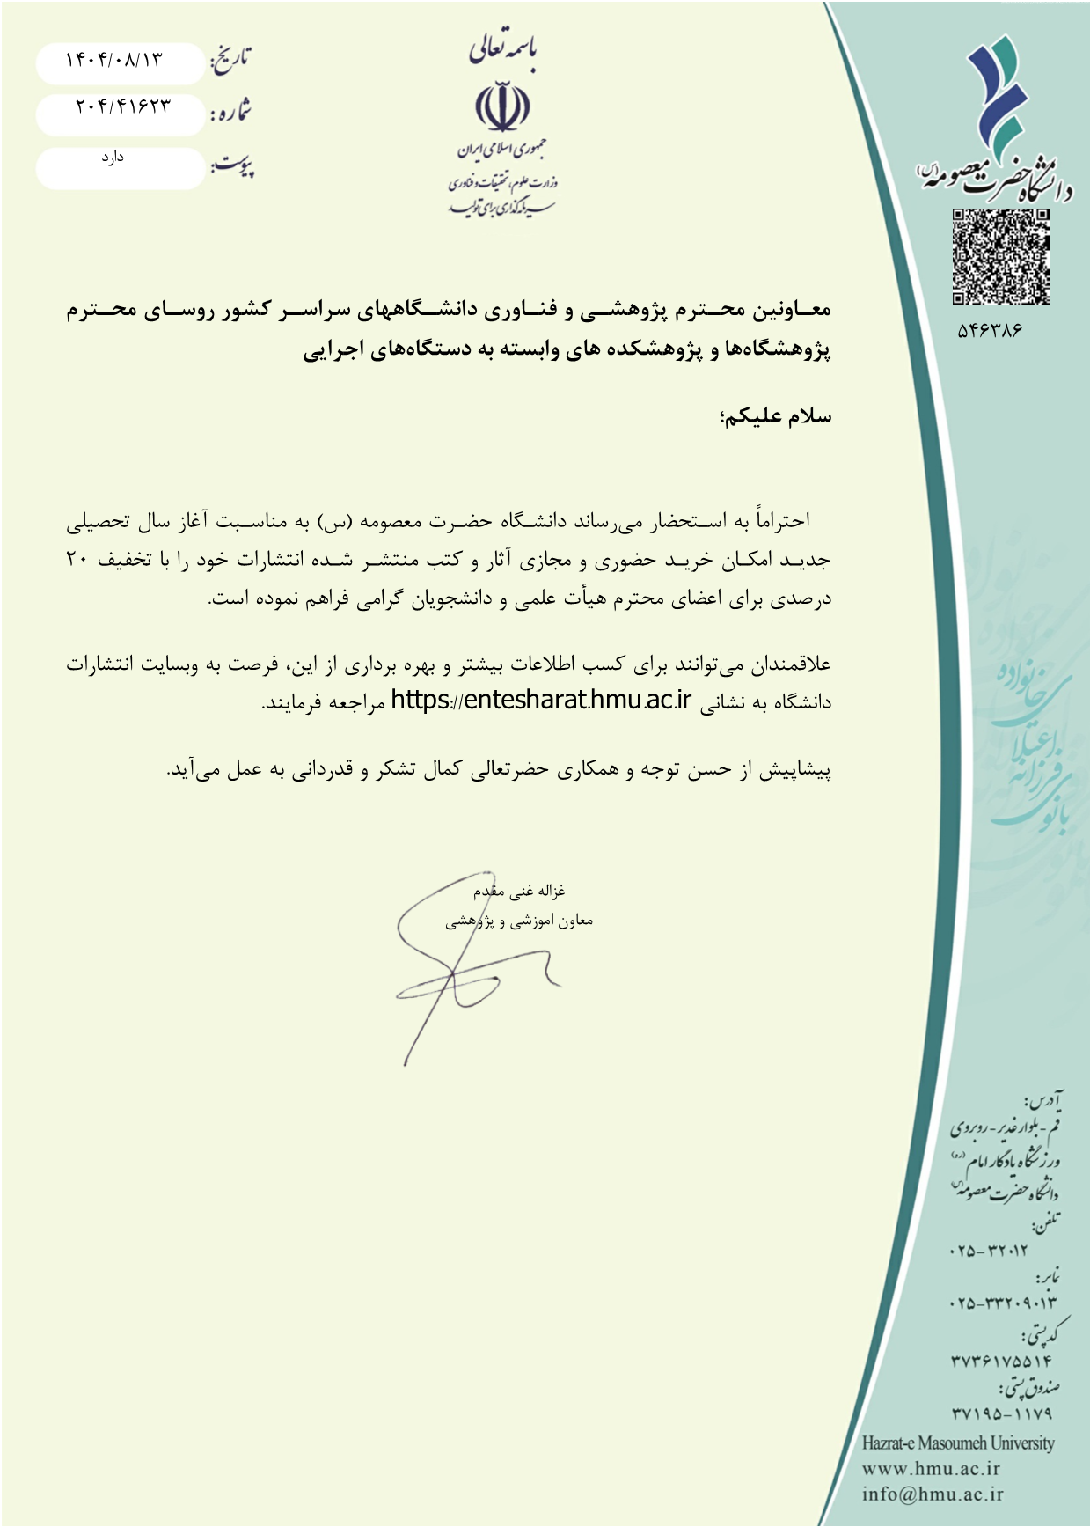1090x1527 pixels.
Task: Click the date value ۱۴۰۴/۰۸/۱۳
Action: pos(114,60)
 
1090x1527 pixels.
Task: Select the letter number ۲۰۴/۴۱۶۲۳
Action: pos(122,106)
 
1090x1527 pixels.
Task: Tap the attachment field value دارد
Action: pos(112,158)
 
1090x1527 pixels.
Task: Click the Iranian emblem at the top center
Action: pos(502,106)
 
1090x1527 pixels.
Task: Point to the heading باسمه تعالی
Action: pos(502,49)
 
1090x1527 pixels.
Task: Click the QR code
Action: pos(1000,257)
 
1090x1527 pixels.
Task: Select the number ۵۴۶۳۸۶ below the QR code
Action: pos(990,331)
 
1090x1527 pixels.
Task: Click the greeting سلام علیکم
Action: pos(775,417)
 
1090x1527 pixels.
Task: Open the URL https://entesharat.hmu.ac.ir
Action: pos(541,701)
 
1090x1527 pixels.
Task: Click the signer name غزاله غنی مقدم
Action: pos(519,892)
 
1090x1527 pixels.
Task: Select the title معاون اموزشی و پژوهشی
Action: pos(519,921)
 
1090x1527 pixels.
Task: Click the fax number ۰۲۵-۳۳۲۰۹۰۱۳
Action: pos(1003,1303)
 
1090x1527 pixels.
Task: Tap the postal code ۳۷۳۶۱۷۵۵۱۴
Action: pos(1001,1361)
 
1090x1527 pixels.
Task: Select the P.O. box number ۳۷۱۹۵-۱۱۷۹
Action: pos(1001,1413)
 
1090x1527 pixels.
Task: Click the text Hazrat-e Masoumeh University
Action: pos(957,1443)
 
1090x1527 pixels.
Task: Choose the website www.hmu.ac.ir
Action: pos(931,1468)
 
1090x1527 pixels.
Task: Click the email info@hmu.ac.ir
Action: pos(933,1494)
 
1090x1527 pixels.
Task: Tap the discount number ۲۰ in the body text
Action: pos(77,560)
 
